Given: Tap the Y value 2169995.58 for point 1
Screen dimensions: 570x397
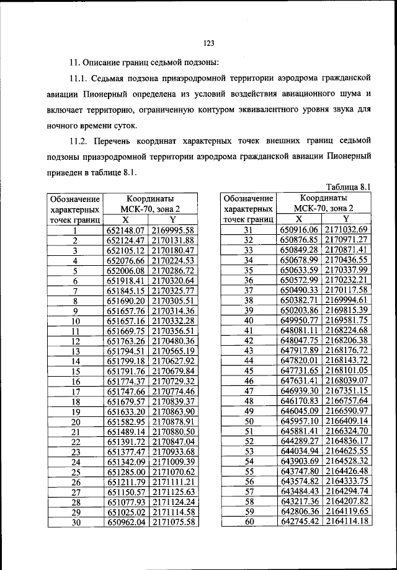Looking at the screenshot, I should (x=174, y=230).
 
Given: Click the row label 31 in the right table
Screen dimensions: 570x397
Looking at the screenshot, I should (x=248, y=230).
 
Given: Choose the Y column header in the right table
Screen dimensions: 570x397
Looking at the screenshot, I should (x=347, y=219).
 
